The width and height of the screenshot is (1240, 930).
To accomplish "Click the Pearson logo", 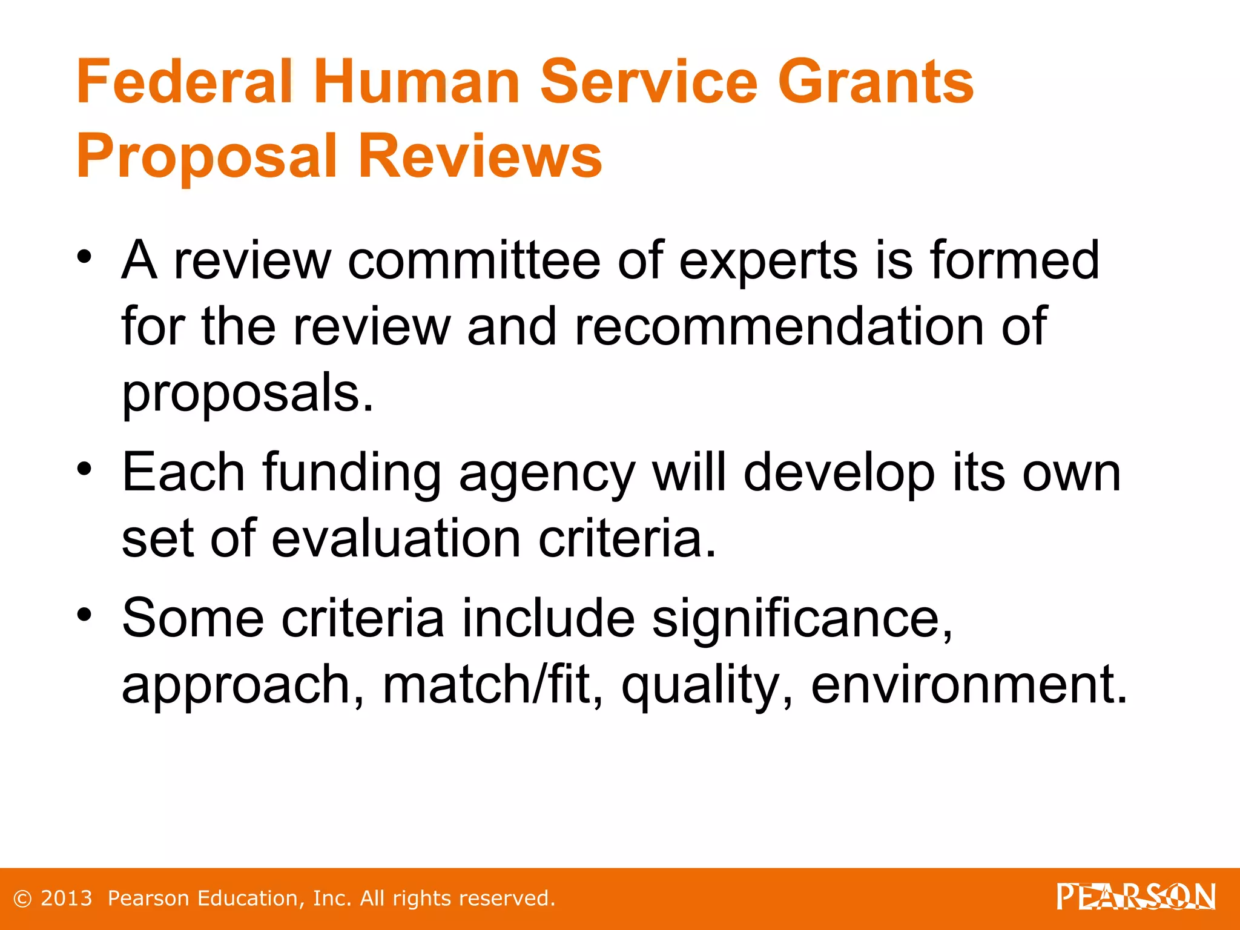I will pos(1136,897).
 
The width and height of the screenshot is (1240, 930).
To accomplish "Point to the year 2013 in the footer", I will pos(66,898).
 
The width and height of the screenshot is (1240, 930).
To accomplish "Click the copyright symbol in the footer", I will pos(22,899).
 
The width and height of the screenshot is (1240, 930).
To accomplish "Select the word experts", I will pos(768,262).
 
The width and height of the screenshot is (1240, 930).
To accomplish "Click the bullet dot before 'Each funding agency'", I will pos(84,468).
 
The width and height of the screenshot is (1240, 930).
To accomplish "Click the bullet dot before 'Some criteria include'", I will pos(84,614).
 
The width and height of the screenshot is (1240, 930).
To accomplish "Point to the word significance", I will pos(801,620).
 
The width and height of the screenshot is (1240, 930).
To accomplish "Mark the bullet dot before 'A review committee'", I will pos(84,257).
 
